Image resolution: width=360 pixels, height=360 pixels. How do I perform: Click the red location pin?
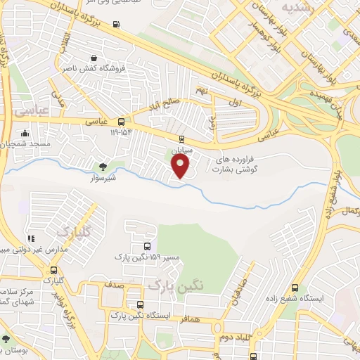coord(181,165)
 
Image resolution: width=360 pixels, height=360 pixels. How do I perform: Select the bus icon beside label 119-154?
coord(122,121)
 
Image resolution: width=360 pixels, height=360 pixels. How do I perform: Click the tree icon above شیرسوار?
coord(103,167)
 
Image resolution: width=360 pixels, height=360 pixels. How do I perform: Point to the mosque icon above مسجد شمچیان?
coord(25,133)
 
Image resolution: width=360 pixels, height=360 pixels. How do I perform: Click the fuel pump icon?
coord(115,24)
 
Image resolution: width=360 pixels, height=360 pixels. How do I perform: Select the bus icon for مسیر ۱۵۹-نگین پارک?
coord(146,246)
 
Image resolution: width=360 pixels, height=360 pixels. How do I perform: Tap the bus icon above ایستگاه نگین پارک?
coord(141,304)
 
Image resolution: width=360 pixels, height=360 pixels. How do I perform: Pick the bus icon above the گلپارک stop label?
coord(54,270)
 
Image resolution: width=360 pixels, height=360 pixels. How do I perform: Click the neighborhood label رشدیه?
coord(297,6)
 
